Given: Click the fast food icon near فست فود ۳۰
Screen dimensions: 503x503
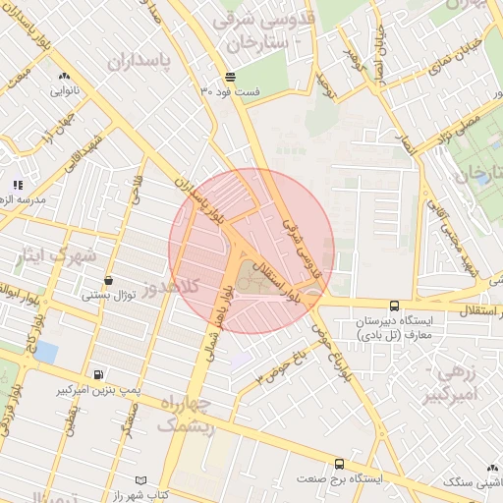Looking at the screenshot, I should (x=230, y=76).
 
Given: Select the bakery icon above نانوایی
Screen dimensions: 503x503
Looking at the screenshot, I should (x=64, y=76).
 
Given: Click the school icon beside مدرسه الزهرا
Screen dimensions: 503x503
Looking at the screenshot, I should (x=17, y=184).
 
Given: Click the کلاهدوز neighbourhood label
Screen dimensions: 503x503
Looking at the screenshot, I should (x=172, y=289).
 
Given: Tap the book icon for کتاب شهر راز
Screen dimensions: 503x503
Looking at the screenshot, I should (x=142, y=479).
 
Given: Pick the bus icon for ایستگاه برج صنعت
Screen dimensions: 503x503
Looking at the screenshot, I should (x=339, y=464).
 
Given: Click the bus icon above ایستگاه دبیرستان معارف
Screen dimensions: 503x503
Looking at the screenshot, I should (x=394, y=306).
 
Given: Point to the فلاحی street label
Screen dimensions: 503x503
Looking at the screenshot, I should (x=137, y=186).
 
